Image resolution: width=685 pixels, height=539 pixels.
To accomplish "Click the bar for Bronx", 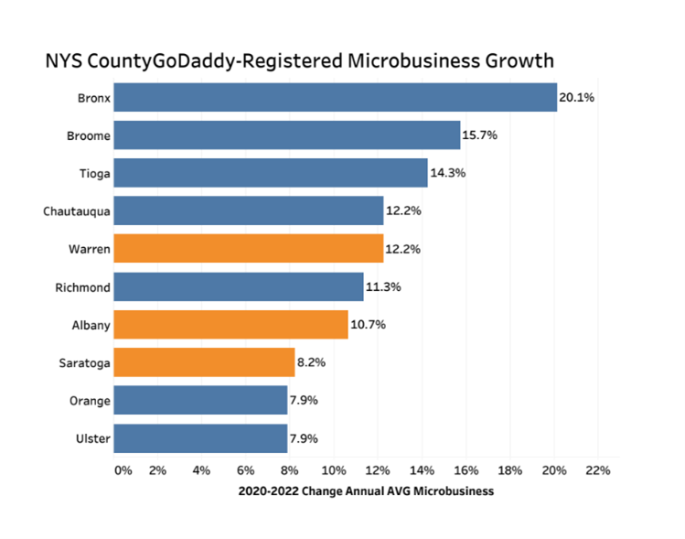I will [x=335, y=97].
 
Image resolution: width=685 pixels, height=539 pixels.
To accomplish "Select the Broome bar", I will [x=286, y=135].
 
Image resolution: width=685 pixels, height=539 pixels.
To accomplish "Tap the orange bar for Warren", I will [x=248, y=249].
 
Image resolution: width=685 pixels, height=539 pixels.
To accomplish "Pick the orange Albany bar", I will [x=230, y=325].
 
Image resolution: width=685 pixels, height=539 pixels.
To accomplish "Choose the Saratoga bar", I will [x=204, y=363].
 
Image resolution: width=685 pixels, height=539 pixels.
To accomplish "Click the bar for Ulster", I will [x=200, y=439].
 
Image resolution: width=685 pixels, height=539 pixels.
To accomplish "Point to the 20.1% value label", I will [x=576, y=97].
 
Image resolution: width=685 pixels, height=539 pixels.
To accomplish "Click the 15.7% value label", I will [x=479, y=135].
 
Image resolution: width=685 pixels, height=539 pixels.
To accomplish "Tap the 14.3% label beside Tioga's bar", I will [x=446, y=173].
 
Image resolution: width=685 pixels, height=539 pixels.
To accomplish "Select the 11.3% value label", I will [x=382, y=287].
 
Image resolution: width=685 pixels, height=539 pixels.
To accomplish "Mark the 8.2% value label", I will [x=311, y=363].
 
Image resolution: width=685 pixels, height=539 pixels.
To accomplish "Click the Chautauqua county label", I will [x=77, y=211].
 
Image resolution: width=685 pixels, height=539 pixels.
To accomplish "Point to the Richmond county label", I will [x=83, y=287].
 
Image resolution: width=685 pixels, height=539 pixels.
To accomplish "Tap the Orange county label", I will [x=91, y=401].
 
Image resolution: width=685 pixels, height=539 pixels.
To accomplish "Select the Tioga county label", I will [x=94, y=173].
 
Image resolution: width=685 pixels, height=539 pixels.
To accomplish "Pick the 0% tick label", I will [x=123, y=470].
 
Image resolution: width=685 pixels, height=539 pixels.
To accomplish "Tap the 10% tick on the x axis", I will [x=334, y=470].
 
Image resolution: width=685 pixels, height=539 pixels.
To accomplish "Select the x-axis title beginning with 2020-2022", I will [x=366, y=491].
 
